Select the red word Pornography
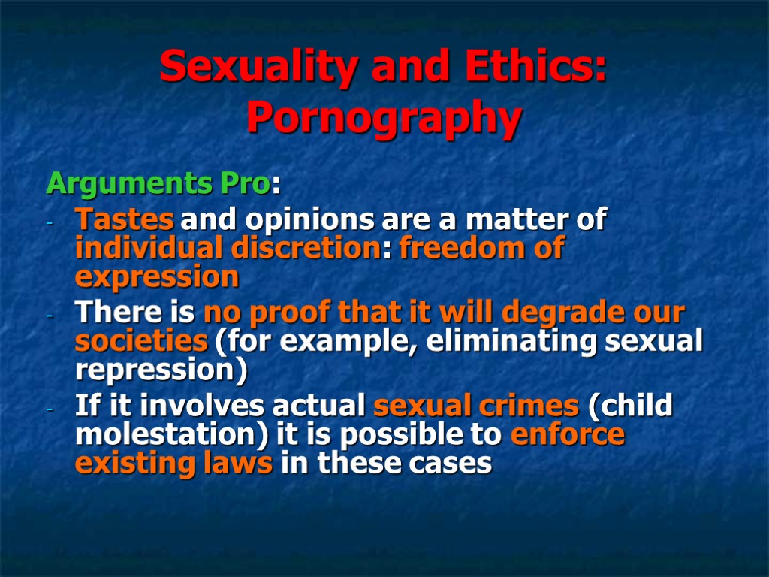tap(384, 118)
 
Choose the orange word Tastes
tap(125, 221)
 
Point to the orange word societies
tap(141, 341)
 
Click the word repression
tap(154, 370)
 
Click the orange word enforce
tap(567, 435)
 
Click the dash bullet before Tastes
tap(50, 224)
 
